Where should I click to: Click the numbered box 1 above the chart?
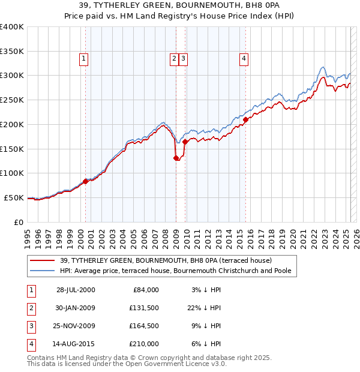[x=83, y=59]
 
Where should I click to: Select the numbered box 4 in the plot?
[x=244, y=59]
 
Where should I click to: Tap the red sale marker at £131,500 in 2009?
[x=176, y=158]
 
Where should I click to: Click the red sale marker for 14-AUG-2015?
[x=246, y=119]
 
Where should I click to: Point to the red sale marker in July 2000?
[x=86, y=181]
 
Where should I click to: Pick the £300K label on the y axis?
[x=12, y=76]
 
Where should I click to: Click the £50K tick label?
[x=14, y=197]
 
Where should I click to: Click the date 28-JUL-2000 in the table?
[x=76, y=290]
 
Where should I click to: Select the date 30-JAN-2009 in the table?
[x=76, y=308]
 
